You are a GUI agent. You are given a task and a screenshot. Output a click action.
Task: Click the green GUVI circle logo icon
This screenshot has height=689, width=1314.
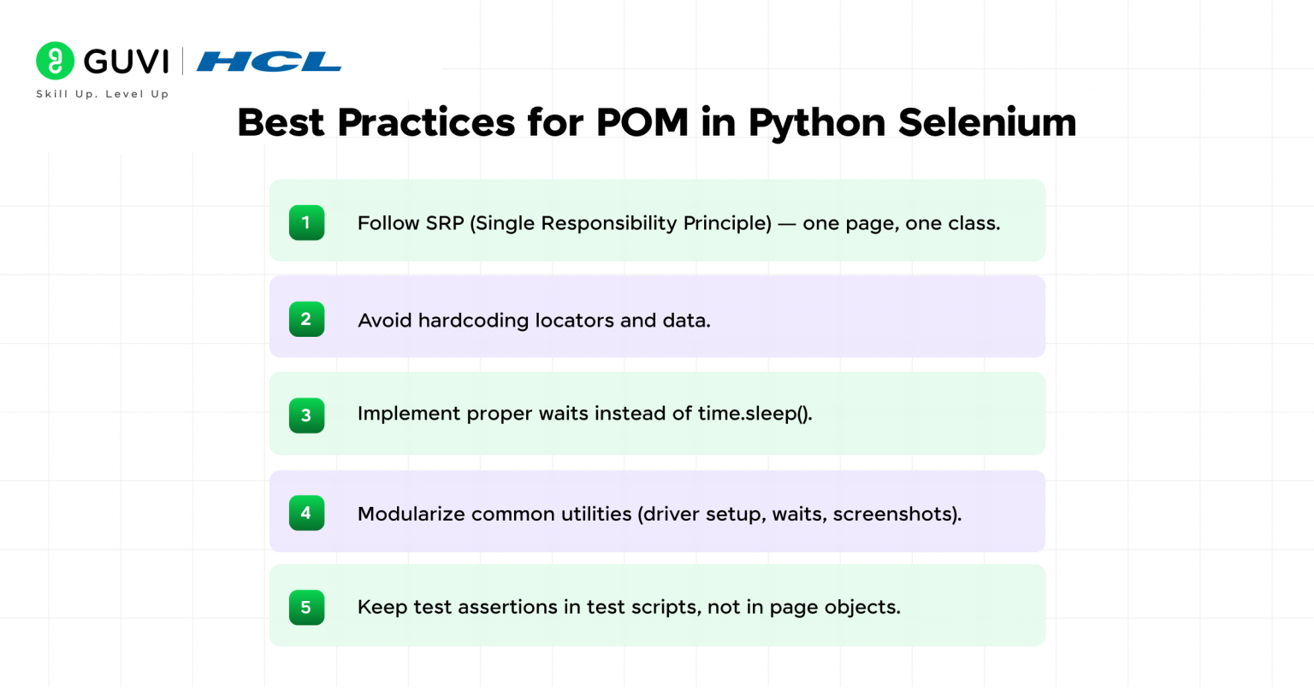coord(55,61)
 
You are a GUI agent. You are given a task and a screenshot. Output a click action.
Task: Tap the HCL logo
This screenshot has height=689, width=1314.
coord(269,62)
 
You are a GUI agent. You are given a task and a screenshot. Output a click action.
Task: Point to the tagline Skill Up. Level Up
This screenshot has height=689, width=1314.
coord(103,94)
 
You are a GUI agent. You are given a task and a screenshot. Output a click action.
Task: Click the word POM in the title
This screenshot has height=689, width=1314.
coord(642,122)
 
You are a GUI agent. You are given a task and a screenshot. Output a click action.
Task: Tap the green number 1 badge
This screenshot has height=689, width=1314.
coord(306,223)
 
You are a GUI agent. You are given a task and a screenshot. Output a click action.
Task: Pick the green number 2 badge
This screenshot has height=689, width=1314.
coord(306,319)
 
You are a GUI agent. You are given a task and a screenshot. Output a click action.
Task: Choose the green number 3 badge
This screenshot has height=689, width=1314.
coord(306,415)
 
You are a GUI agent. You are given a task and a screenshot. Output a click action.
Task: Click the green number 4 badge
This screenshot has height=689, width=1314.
coord(306,513)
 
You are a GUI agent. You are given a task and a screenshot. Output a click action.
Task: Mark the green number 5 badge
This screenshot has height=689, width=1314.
coord(306,608)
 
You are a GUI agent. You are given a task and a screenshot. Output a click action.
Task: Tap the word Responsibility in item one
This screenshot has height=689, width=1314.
coord(608,224)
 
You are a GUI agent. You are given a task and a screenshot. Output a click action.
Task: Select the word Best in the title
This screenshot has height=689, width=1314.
coord(281,122)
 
